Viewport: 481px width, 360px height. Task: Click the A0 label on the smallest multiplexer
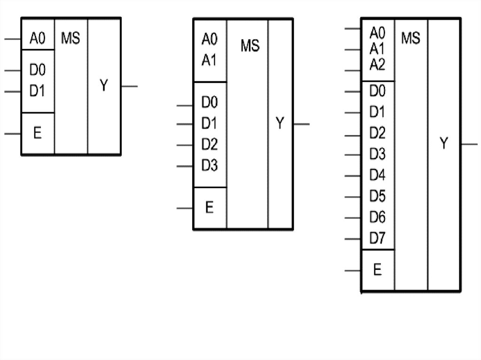pos(38,39)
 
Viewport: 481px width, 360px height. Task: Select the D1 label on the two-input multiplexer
pos(38,91)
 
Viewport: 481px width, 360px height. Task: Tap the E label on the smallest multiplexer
pos(38,133)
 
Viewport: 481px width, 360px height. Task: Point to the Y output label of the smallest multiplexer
pos(104,86)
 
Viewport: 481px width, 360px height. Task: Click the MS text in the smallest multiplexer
pos(70,39)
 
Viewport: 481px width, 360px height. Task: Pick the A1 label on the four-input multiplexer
pos(209,60)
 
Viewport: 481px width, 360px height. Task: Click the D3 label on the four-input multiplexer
pos(209,166)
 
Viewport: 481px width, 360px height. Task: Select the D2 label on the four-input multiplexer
pos(209,145)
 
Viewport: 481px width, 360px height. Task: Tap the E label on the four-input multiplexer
pos(209,207)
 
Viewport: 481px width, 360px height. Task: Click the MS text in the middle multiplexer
pos(250,46)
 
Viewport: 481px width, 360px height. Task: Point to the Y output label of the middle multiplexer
pos(280,124)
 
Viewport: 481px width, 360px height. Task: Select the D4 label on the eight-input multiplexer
pos(377,176)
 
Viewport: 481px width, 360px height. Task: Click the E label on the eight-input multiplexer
pos(377,270)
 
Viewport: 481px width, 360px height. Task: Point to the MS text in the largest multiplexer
pos(411,38)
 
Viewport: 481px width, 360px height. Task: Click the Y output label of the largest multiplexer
pos(444,144)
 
